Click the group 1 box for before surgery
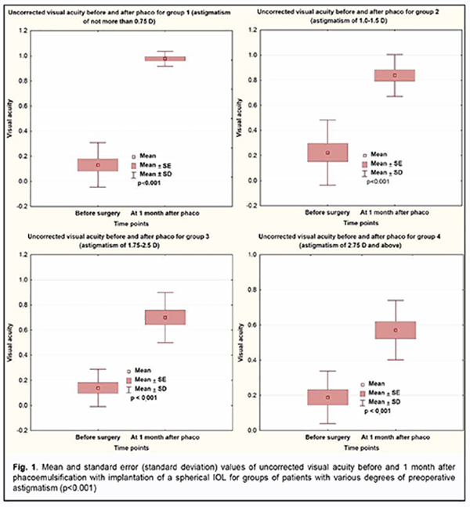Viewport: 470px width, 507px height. [x=98, y=165]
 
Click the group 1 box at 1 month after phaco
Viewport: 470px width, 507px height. [x=164, y=59]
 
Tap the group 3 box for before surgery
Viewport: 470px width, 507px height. [x=98, y=387]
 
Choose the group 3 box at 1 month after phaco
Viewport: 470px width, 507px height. [x=164, y=317]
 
